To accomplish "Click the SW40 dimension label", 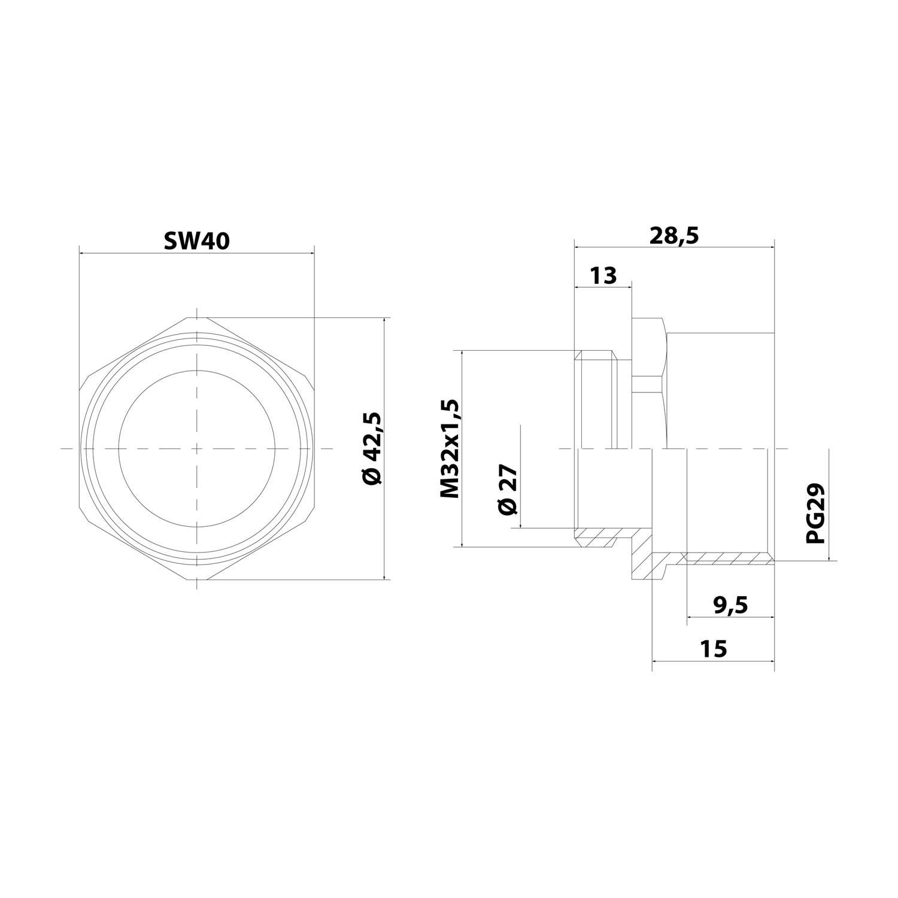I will point(196,240).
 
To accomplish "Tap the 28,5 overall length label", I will point(674,235).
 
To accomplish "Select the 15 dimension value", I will point(712,648).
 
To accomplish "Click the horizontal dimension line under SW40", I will point(196,253).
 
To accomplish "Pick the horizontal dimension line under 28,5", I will point(674,247).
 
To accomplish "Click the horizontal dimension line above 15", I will point(712,661).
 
